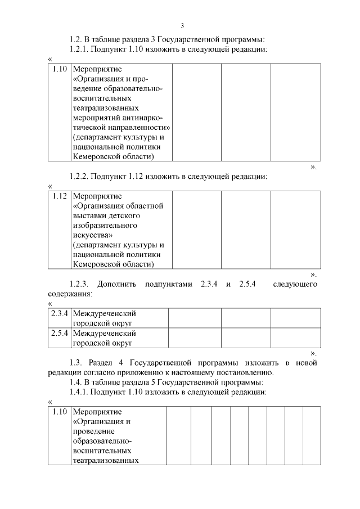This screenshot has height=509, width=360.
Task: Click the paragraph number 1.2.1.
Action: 80,49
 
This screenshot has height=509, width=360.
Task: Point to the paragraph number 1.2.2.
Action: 80,177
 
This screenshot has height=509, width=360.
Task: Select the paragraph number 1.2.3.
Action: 80,284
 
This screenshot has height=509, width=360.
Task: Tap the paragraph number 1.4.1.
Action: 80,391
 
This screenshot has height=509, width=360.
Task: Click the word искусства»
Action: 93,235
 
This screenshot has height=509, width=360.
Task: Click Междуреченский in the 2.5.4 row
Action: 105,333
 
